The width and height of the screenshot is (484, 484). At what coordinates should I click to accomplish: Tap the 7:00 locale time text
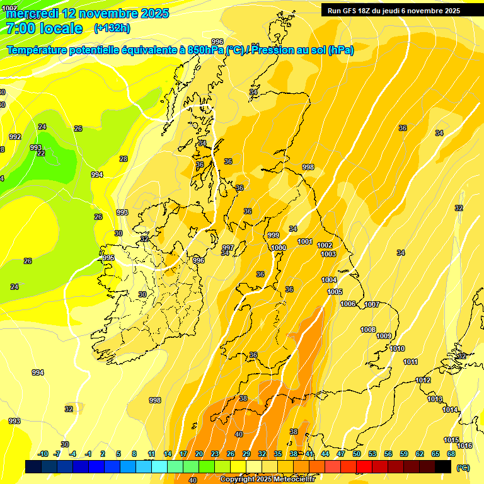point(44,28)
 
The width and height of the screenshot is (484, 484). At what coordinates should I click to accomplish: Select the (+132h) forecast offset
point(112,28)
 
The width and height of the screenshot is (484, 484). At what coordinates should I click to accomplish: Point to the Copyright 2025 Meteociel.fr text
point(267,479)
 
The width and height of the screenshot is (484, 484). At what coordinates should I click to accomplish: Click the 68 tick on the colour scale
point(451,454)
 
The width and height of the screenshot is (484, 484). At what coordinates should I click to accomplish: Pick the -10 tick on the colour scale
point(43,454)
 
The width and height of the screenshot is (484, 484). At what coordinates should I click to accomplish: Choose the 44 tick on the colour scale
point(325,454)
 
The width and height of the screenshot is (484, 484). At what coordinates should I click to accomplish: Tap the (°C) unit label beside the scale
point(463,468)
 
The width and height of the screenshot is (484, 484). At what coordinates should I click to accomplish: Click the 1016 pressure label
point(464,446)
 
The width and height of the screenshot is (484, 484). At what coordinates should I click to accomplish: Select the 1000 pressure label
point(279,248)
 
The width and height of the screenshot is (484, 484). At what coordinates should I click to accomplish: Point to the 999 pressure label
point(274,235)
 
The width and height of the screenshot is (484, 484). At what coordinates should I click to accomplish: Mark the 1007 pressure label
point(372,305)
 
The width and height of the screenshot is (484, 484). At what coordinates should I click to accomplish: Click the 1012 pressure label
point(423,381)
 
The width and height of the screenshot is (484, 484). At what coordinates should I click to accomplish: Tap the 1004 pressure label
point(329,280)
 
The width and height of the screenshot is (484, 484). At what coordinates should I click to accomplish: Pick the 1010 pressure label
point(397,349)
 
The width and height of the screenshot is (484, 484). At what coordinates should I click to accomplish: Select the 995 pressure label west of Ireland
point(108,258)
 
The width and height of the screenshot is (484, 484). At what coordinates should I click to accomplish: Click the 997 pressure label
point(228,248)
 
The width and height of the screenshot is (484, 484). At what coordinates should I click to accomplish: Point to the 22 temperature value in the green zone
point(41,153)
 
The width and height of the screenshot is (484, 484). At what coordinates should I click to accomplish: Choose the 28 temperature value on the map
point(124,159)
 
